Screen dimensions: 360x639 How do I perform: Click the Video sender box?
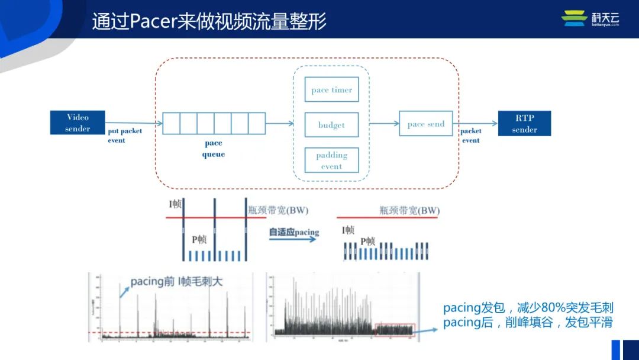pos(78,123)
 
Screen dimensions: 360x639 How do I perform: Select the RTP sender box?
pos(524,124)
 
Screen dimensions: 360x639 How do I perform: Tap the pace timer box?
pos(331,90)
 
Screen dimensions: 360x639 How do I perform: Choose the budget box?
pos(331,125)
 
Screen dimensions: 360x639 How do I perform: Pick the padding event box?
pos(331,160)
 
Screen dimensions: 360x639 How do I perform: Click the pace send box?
pos(426,124)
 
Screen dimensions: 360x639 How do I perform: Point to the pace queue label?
pos(214,149)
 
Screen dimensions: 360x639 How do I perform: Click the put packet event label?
pos(124,136)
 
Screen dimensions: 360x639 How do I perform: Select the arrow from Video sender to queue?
pos(134,123)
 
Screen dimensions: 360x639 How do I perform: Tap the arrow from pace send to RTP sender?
pos(476,124)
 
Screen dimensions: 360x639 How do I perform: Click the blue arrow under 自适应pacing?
pos(293,240)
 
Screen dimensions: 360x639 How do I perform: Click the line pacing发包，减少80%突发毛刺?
pos(528,308)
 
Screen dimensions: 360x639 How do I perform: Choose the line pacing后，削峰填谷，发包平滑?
pos(528,323)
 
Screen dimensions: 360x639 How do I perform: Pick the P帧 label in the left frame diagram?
pos(199,239)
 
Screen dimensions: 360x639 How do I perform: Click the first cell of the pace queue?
pos(171,123)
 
